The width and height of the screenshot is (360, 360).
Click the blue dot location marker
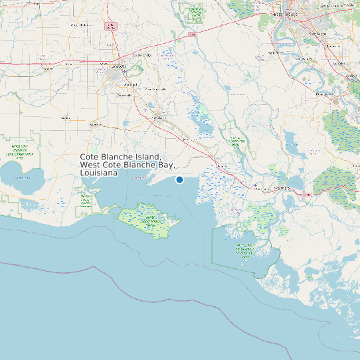179,179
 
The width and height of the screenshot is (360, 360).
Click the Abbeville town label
96,124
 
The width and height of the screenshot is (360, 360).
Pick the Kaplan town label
65,118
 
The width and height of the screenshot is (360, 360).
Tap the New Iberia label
158,118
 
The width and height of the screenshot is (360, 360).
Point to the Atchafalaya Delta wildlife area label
248,250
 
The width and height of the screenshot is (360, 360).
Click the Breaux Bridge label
143,55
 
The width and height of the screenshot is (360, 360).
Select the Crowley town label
47,68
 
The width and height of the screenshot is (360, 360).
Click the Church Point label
78,25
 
